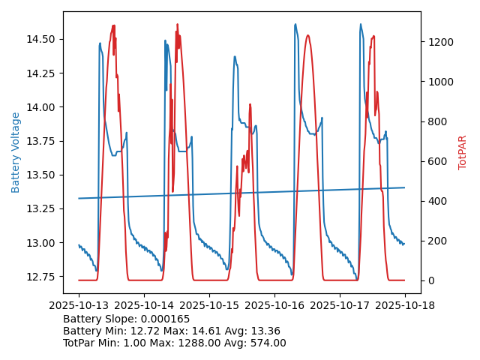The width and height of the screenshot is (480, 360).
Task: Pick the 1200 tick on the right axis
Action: click(x=438, y=42)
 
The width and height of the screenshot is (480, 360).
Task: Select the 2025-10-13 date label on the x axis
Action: click(x=79, y=306)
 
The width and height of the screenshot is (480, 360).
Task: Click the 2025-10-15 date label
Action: click(x=209, y=306)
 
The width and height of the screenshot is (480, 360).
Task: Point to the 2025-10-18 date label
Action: click(x=405, y=306)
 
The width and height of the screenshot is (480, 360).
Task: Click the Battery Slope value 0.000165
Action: click(x=167, y=319)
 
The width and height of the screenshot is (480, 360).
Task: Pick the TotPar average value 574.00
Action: click(x=263, y=343)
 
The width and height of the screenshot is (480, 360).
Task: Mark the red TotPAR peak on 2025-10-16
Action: click(x=307, y=35)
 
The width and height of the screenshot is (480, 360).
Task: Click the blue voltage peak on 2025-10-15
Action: click(x=235, y=56)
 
